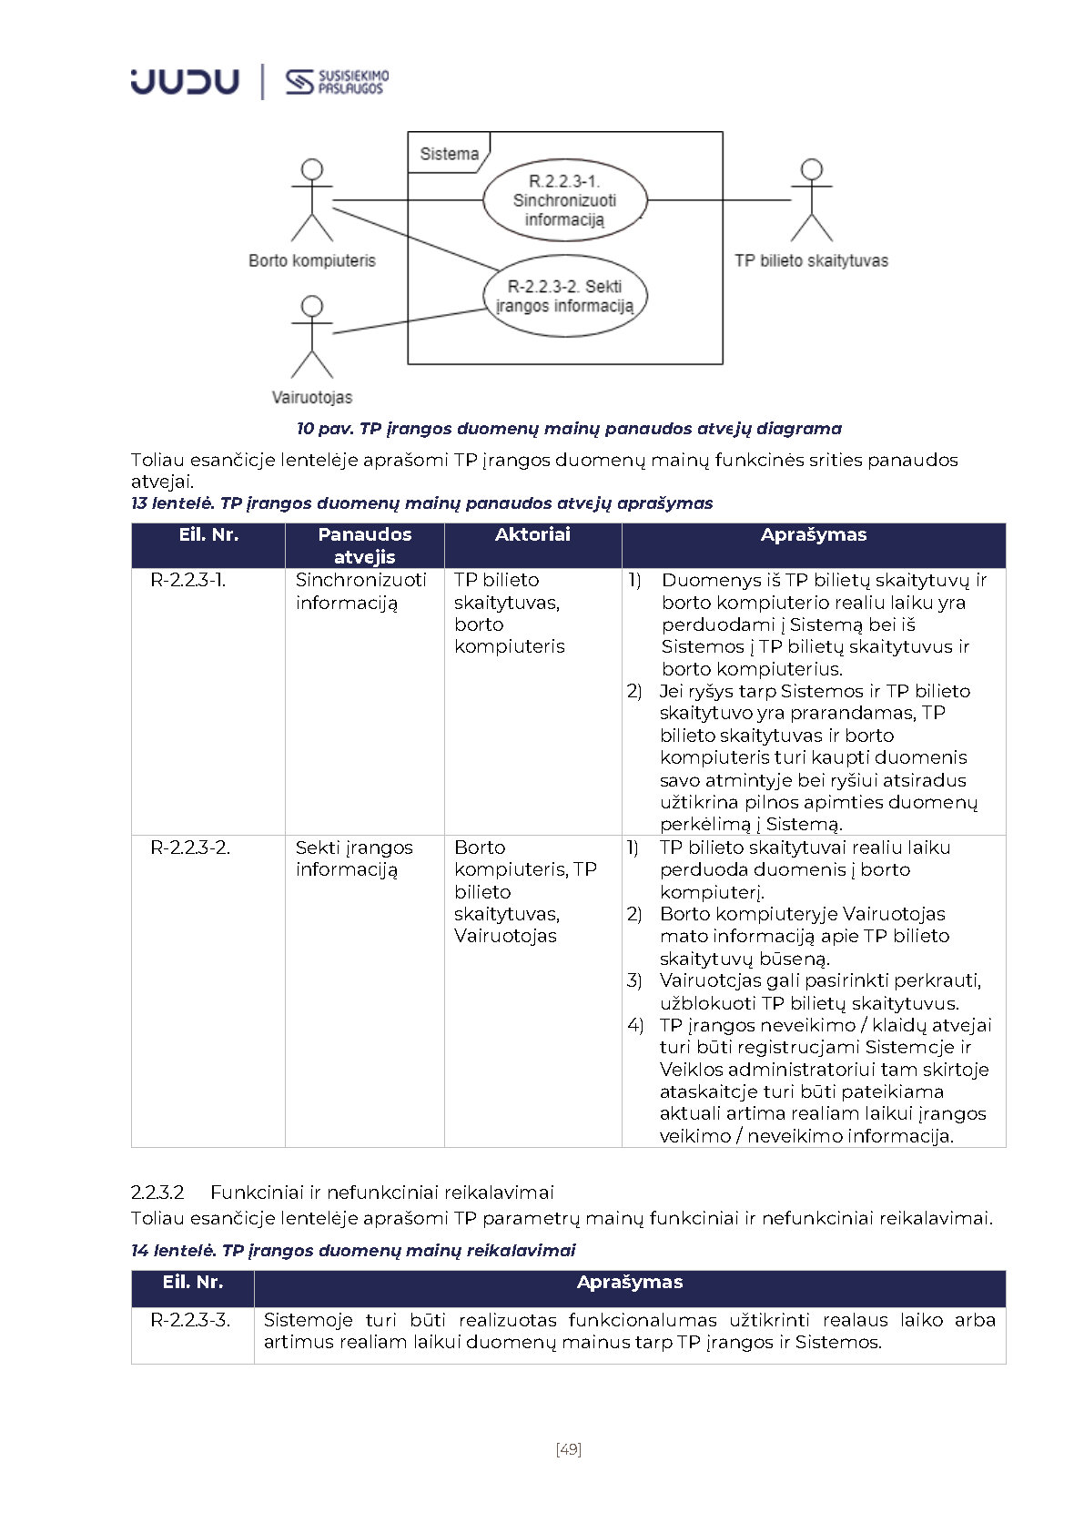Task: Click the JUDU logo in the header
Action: click(185, 82)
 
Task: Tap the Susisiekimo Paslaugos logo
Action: click(336, 82)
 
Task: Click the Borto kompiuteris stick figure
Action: click(312, 200)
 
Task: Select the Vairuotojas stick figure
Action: click(312, 336)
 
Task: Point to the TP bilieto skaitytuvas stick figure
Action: click(811, 200)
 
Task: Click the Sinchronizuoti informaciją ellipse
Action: click(564, 200)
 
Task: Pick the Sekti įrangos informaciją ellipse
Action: click(564, 297)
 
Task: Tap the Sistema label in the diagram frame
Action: click(449, 154)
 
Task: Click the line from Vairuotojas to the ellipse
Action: click(410, 321)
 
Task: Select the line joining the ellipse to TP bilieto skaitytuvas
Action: click(719, 200)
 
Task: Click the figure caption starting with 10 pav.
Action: click(569, 428)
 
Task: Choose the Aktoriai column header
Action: click(532, 535)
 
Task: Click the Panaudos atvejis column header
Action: click(364, 545)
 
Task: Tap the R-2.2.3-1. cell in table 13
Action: click(188, 580)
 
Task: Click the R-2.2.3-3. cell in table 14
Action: click(190, 1320)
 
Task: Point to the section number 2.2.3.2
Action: click(157, 1193)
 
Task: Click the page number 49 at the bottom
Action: click(569, 1449)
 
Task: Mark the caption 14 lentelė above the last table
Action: click(353, 1251)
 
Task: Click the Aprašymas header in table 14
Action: click(629, 1283)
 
